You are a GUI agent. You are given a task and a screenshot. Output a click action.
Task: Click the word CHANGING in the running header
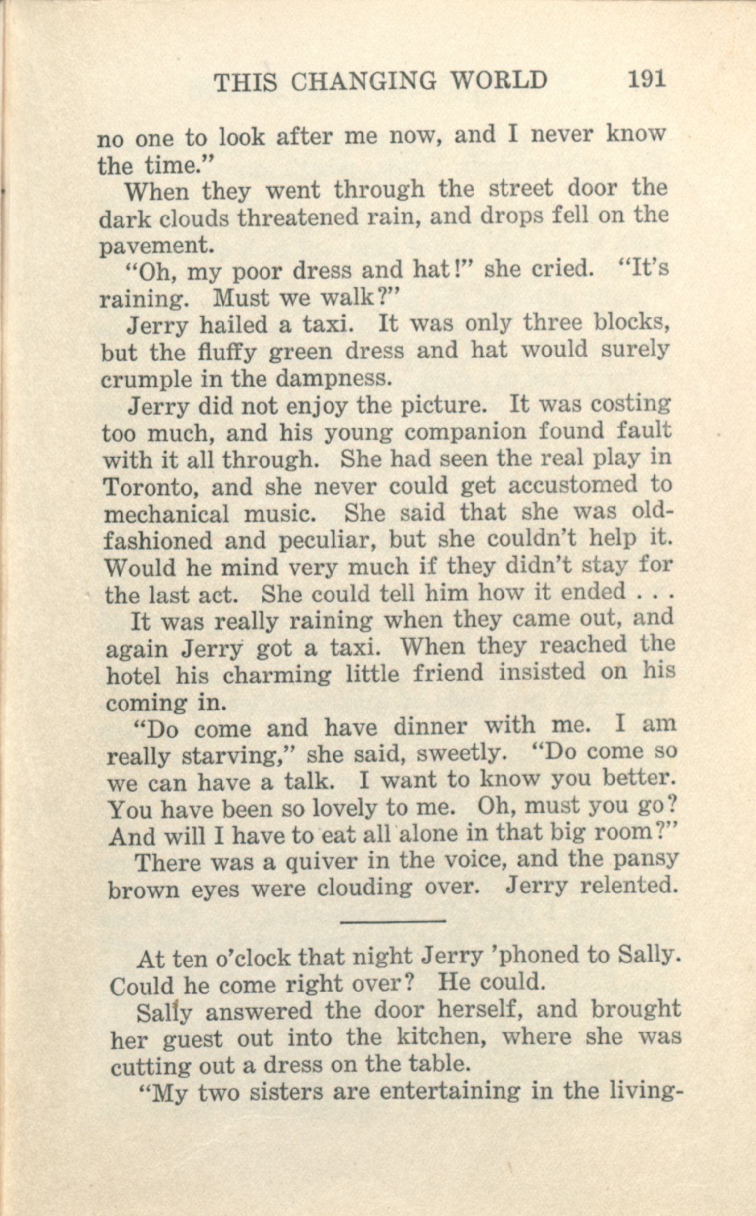(x=363, y=82)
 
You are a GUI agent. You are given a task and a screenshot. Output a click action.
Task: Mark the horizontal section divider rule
(x=393, y=920)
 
